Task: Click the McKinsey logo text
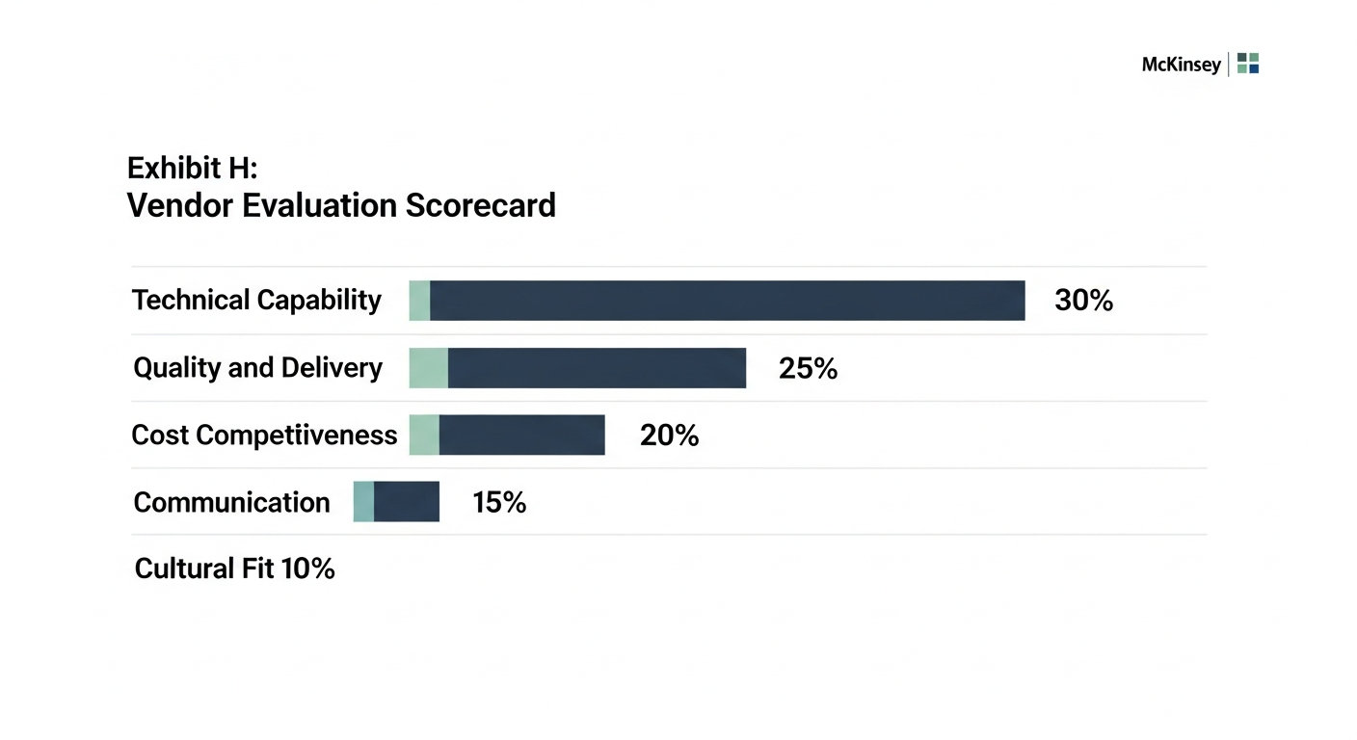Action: tap(1181, 65)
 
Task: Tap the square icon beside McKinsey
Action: tap(1248, 64)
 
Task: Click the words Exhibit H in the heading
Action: tap(192, 169)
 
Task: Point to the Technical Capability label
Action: tap(256, 301)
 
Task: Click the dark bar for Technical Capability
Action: tap(727, 301)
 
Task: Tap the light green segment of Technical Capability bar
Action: tap(419, 301)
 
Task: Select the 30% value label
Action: tap(1083, 301)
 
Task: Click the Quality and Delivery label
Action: tap(257, 368)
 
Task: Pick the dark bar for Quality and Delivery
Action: tap(597, 368)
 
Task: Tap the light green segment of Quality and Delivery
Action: tap(429, 368)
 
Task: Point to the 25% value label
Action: tap(808, 368)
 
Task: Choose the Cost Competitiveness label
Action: tap(264, 436)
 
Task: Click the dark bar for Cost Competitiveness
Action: tap(521, 436)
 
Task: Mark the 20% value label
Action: tap(669, 436)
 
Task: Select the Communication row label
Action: tap(231, 502)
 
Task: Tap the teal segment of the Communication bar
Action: tap(363, 502)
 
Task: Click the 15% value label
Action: tap(499, 502)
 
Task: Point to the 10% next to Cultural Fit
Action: tap(307, 568)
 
